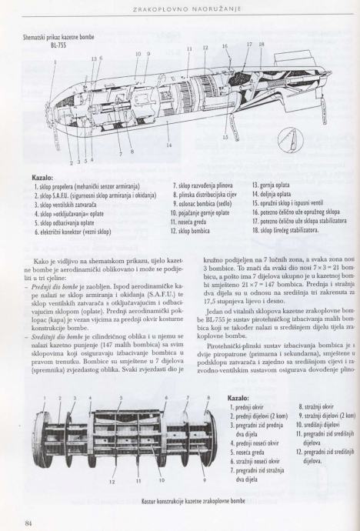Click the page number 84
(x=28, y=523)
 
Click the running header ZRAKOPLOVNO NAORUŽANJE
(x=187, y=9)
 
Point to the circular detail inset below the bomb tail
(x=290, y=139)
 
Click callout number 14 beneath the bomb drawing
(x=169, y=145)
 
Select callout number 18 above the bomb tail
(x=262, y=45)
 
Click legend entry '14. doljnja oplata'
(x=272, y=195)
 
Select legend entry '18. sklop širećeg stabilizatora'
(x=285, y=230)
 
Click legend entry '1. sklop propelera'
(x=87, y=186)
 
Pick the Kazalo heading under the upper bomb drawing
(x=42, y=178)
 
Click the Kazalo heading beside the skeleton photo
(x=238, y=398)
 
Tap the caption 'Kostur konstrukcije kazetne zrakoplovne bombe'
(x=193, y=501)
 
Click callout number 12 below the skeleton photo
(x=112, y=482)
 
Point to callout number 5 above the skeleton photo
(x=121, y=398)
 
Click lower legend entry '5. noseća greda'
(x=248, y=452)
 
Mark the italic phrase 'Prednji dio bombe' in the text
(x=49, y=286)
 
